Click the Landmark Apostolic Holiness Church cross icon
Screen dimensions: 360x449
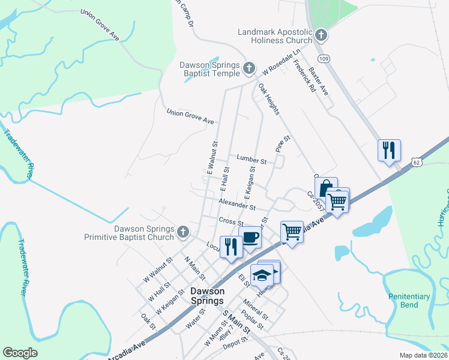(x=321, y=35)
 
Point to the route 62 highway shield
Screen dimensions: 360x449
(x=417, y=162)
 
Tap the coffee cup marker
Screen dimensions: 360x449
(x=250, y=238)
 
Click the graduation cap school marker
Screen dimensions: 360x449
(x=262, y=275)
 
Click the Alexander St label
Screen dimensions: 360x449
(x=237, y=206)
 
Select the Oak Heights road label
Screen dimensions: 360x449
(x=269, y=100)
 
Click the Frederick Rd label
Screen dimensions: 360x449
(x=305, y=79)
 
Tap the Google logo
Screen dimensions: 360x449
(x=20, y=353)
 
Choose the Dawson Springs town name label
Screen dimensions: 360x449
(x=206, y=296)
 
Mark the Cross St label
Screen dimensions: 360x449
(x=230, y=222)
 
